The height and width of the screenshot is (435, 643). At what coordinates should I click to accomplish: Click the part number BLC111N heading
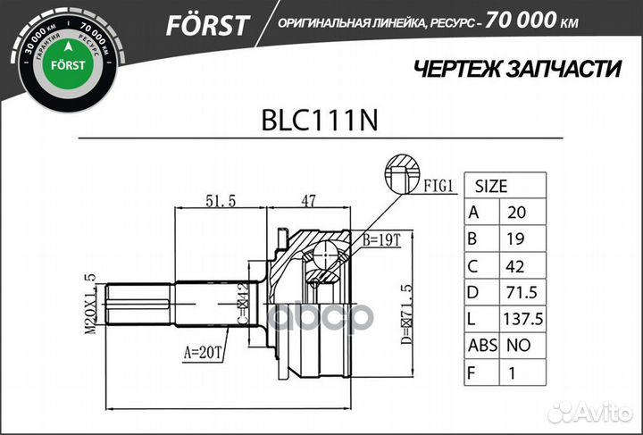click(x=321, y=121)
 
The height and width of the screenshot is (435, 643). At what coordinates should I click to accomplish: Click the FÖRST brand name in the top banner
click(x=206, y=24)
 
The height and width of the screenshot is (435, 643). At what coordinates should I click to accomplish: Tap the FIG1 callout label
click(x=440, y=187)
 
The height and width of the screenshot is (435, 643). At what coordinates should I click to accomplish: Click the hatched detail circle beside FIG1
click(x=402, y=173)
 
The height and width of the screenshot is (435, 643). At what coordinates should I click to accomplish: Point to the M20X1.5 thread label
click(x=91, y=305)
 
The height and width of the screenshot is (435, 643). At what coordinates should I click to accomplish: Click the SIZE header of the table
click(x=490, y=187)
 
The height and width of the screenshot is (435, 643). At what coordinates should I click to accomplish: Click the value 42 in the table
click(x=517, y=266)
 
